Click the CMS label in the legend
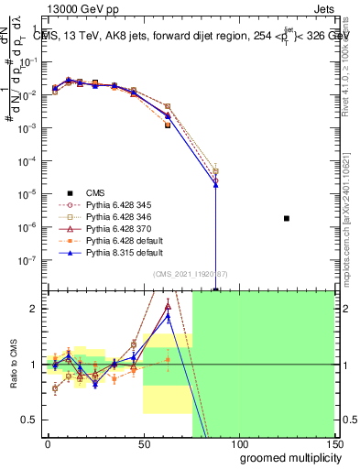pos(95,192)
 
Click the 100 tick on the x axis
pos(238,444)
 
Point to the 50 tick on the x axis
pos(143,444)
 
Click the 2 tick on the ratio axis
pos(32,309)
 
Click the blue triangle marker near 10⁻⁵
pos(215,184)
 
